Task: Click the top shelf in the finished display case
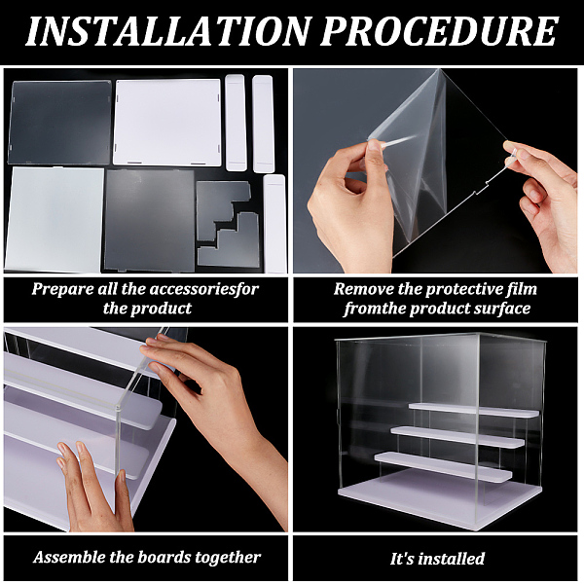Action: (x=474, y=410)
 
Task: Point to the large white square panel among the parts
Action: (x=166, y=123)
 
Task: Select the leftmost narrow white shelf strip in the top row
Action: (x=236, y=123)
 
